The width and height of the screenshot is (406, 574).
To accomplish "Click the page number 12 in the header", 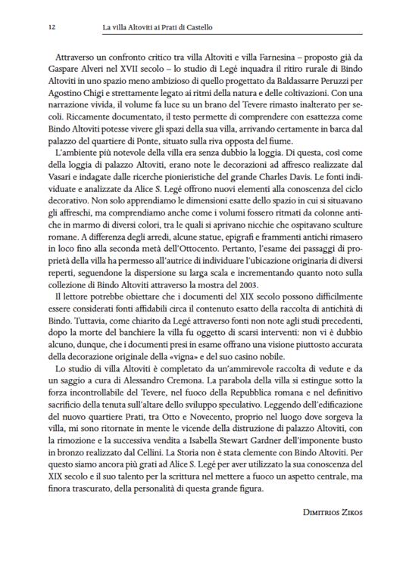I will pos(51,29).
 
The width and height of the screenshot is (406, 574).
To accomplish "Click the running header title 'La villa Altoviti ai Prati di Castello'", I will pos(158,29).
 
